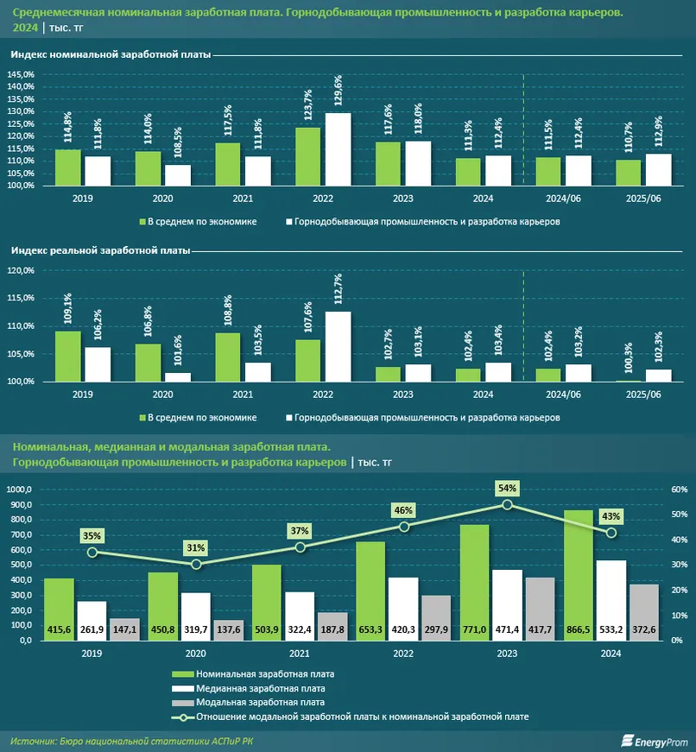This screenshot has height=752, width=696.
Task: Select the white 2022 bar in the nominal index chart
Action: pos(338,149)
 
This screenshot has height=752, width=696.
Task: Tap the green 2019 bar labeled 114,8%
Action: pos(68,167)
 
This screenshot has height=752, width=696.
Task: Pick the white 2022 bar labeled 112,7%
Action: pos(338,346)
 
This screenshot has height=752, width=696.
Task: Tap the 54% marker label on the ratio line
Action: pos(507,489)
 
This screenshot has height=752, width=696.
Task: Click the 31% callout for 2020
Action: pos(196,547)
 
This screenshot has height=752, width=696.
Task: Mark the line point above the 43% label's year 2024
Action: pos(611,533)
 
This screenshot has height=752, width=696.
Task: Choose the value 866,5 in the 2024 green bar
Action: pos(580,632)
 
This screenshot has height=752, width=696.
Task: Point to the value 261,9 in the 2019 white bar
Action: pos(92,632)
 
